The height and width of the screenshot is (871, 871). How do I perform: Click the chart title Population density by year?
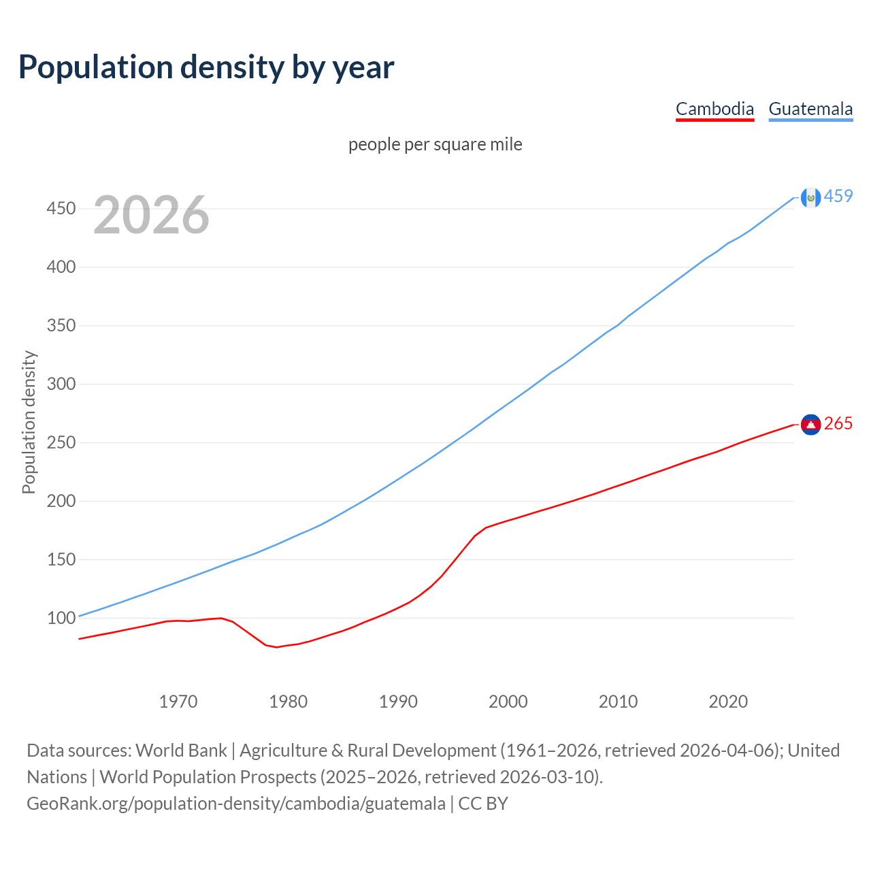[x=206, y=67]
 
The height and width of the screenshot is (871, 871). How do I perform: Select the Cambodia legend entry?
[x=714, y=109]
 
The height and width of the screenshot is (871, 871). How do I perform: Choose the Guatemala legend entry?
[x=810, y=109]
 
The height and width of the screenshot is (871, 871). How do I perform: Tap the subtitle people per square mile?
[x=435, y=144]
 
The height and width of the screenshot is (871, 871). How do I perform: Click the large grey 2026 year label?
[x=151, y=215]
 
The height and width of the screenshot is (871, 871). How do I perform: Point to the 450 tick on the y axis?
[x=61, y=208]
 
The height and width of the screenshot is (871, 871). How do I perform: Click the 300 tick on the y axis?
[x=61, y=384]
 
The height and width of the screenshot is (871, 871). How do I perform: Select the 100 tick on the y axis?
[x=61, y=618]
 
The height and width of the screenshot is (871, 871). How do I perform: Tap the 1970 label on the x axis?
[x=178, y=702]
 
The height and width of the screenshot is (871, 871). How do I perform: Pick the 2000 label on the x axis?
[x=508, y=702]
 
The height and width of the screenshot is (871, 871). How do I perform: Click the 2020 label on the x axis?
[x=728, y=702]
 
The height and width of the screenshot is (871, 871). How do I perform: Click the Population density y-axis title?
[x=29, y=422]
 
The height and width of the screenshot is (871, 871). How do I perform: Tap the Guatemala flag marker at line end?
[x=810, y=197]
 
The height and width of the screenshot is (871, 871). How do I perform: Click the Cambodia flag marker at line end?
[x=810, y=425]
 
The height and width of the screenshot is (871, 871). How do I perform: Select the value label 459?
[x=838, y=196]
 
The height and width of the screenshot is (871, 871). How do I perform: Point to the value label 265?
[x=838, y=424]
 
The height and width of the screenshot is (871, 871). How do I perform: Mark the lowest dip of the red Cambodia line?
[x=276, y=647]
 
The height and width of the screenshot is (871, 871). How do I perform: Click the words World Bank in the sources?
[x=181, y=751]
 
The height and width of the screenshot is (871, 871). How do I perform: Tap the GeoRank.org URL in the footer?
[x=236, y=804]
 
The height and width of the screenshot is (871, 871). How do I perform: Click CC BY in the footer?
[x=483, y=804]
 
